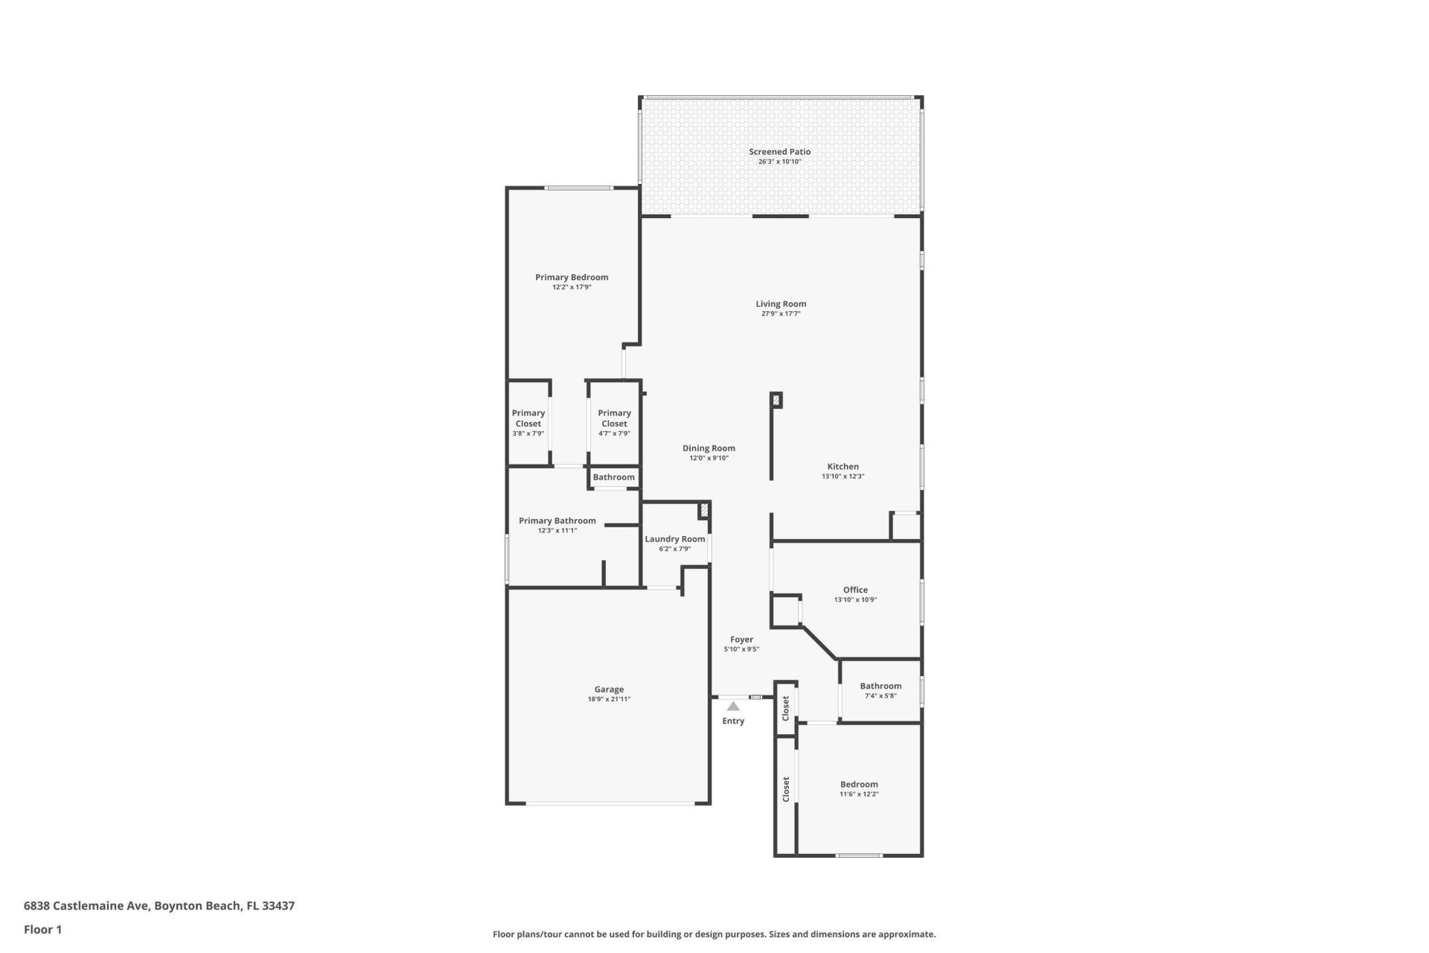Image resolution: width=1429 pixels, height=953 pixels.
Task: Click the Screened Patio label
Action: [x=779, y=152]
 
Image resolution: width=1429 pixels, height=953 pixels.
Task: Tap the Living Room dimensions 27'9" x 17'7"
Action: [x=780, y=314]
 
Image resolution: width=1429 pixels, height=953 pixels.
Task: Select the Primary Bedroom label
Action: [x=572, y=278]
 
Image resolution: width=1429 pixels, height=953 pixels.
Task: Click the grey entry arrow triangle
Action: [x=733, y=706]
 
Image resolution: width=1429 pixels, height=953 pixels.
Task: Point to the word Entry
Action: [x=733, y=721]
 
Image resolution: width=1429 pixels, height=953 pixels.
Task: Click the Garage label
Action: [x=609, y=689]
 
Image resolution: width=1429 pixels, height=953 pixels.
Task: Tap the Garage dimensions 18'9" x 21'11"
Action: [x=609, y=700]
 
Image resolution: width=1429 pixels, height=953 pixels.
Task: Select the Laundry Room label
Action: [x=674, y=539]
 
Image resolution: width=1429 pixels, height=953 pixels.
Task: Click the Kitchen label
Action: [x=843, y=467]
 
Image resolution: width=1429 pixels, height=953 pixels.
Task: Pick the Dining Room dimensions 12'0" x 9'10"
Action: [x=709, y=459]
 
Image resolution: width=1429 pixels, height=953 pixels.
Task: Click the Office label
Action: [x=855, y=590]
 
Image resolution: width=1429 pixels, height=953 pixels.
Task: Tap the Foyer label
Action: [x=741, y=640]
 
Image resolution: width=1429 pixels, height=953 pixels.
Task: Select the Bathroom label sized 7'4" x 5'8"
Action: [x=880, y=686]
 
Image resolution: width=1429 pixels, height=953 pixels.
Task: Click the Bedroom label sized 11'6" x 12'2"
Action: [x=859, y=784]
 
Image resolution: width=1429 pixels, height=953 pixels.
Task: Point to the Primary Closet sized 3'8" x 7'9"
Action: [x=528, y=418]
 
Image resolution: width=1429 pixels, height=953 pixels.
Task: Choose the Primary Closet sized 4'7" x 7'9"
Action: [x=614, y=418]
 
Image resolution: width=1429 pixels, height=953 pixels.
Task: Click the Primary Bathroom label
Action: [x=557, y=521]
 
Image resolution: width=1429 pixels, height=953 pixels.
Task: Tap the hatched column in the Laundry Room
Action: [x=703, y=511]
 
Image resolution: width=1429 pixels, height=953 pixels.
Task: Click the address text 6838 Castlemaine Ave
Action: [x=88, y=906]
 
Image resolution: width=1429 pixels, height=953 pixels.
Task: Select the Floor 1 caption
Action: [x=42, y=929]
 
